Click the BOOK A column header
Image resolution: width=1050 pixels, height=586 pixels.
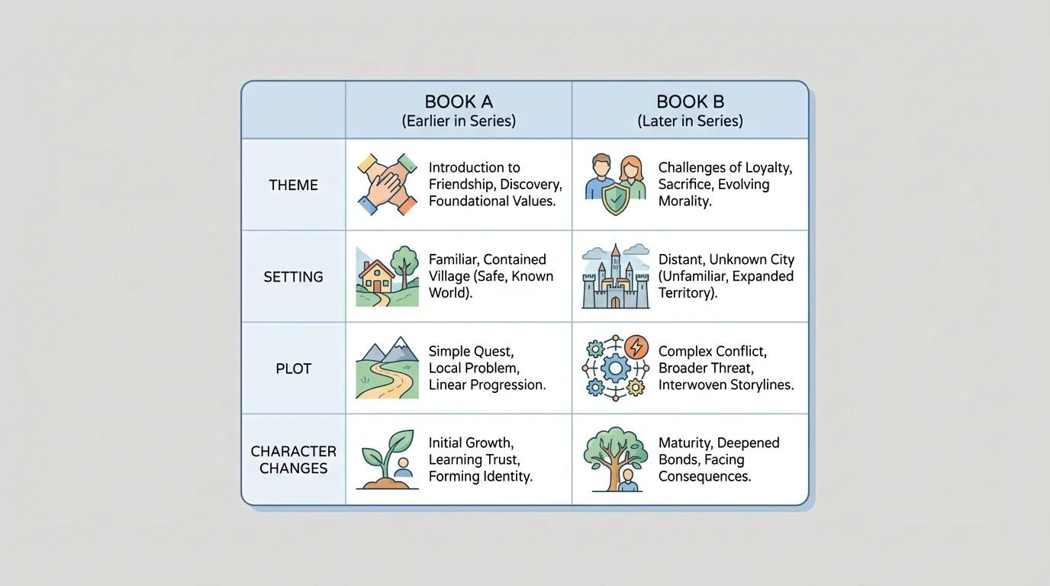459,102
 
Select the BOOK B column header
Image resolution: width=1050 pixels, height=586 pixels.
690,102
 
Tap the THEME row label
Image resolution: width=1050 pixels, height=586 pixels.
294,185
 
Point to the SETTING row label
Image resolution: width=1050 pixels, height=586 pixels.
294,277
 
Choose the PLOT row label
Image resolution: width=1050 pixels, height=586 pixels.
294,369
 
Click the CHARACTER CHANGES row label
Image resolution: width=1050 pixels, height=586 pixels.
294,460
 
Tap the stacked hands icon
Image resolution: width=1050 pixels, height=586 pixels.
388,184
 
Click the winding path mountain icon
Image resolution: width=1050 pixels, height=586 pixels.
388,368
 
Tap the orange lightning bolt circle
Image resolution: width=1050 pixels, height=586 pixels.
636,347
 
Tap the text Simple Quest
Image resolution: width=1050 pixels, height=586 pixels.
471,352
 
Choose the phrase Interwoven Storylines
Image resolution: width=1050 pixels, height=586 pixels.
726,385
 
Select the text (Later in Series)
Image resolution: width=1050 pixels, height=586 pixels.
690,121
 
